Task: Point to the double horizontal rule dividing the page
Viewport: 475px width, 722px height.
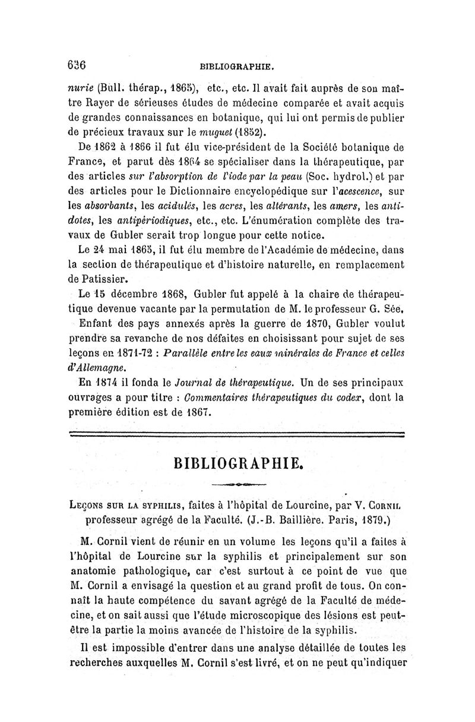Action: coord(237,434)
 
